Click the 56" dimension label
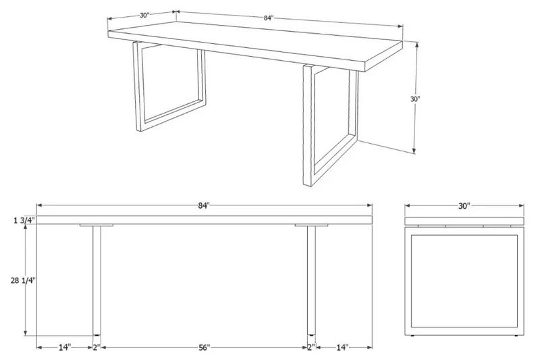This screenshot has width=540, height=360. (x=204, y=348)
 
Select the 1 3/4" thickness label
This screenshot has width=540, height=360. (x=24, y=220)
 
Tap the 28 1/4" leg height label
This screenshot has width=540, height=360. (x=23, y=280)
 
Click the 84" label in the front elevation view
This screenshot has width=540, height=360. (x=204, y=205)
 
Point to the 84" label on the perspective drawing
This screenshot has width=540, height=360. (x=269, y=18)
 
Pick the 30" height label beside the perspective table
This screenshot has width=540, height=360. (x=415, y=99)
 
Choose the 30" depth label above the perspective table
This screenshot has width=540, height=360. (x=144, y=15)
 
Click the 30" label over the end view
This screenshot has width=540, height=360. (x=464, y=206)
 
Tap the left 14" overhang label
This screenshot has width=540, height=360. (x=64, y=348)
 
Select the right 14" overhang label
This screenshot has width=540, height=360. (x=342, y=348)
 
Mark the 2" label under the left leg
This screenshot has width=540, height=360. (x=97, y=348)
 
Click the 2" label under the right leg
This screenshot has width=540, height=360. (x=311, y=348)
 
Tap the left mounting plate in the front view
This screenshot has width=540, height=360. (x=97, y=226)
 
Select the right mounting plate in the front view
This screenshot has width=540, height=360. (x=311, y=226)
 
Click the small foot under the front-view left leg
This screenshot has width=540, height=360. (x=97, y=335)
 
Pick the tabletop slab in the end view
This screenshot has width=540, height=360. (x=464, y=221)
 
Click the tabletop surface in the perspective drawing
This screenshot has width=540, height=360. (x=255, y=42)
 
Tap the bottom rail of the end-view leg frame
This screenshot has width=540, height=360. (x=464, y=331)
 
